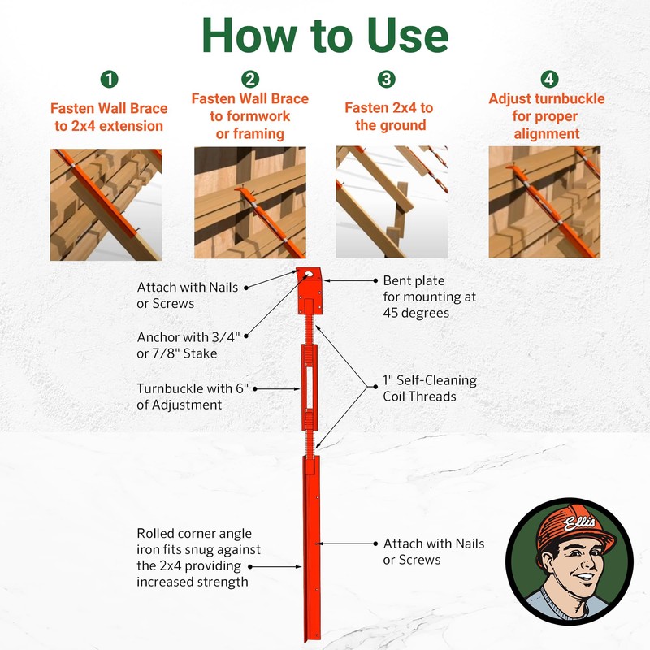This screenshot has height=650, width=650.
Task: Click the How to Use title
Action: point(325,36)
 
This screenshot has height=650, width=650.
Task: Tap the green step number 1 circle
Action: point(110,79)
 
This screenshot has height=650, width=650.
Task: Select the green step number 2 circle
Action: point(250,79)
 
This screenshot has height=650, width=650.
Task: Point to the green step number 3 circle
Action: point(387,79)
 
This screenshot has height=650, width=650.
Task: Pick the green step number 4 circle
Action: point(549,79)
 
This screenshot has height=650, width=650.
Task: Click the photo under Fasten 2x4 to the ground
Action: point(392,201)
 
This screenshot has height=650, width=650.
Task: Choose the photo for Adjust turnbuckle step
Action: point(544,201)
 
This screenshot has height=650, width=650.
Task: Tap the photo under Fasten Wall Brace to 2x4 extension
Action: point(106,205)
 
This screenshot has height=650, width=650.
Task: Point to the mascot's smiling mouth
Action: point(585,576)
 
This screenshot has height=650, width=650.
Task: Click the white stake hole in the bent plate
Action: point(309,274)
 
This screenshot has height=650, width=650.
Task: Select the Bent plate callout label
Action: point(429,297)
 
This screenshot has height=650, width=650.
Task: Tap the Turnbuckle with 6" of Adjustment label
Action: point(193,396)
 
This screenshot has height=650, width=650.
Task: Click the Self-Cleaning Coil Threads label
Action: point(430,388)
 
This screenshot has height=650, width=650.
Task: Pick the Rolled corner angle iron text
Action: point(198,557)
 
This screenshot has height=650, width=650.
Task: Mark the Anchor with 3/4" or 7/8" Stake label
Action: point(188,344)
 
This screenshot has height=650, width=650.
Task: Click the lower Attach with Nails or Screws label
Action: point(434,552)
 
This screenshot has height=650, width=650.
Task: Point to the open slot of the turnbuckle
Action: point(310,388)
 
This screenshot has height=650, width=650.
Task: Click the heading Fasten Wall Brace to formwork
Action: point(250,116)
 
